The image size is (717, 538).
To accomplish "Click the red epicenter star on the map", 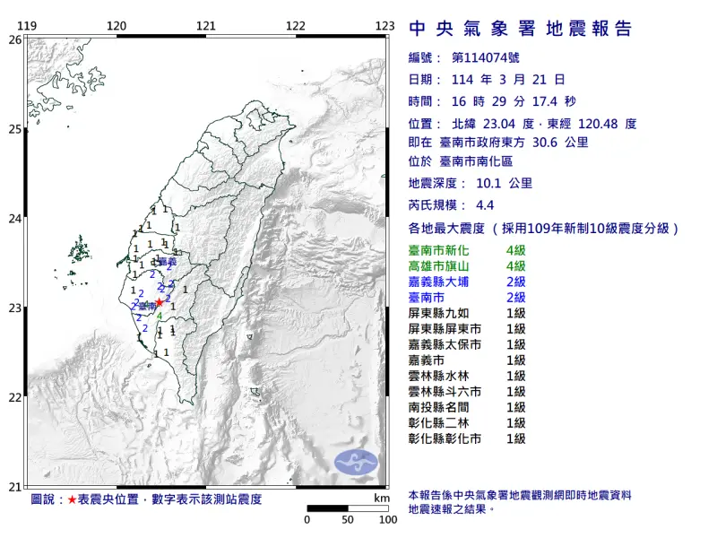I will coord(159,302).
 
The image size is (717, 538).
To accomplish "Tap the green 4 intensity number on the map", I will coord(160,316).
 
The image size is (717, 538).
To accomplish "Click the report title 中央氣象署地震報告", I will coord(520,29).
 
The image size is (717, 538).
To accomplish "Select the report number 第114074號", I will coord(483,59).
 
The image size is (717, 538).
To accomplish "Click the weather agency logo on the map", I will coord(357,463).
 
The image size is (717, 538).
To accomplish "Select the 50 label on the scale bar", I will coord(347,519).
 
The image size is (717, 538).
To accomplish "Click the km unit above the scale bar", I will coord(383,498).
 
